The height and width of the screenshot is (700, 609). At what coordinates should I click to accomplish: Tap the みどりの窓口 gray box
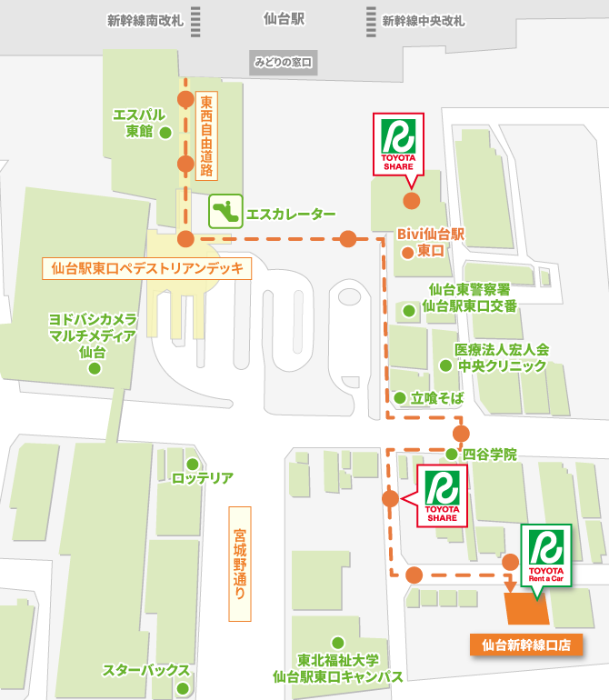(284, 63)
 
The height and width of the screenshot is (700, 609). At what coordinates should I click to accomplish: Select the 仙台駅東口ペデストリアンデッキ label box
(148, 268)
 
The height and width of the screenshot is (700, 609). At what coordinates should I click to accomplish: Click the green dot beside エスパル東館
(165, 133)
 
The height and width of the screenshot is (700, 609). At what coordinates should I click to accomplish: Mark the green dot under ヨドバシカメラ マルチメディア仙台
(94, 369)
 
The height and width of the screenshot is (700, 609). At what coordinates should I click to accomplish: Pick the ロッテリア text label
(203, 477)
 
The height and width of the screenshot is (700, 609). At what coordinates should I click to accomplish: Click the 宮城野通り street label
(239, 564)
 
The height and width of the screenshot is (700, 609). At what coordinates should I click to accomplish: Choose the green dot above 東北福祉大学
(338, 642)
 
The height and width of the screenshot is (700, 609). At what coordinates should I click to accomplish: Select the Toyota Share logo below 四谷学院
(443, 496)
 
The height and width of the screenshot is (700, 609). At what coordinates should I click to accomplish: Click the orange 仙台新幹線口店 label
(526, 645)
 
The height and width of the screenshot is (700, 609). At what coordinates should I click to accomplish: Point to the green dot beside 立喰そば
(399, 397)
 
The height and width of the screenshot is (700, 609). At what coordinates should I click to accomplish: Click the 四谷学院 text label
(489, 454)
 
